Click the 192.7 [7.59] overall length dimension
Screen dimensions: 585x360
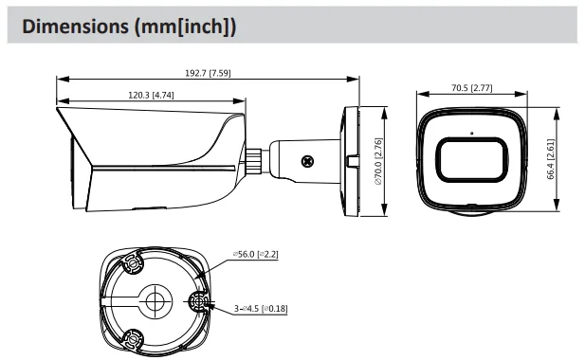(208, 73)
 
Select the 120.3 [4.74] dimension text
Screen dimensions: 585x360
(151, 95)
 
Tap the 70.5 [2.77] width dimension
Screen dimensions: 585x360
(472, 88)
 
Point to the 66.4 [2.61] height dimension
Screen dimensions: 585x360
(550, 159)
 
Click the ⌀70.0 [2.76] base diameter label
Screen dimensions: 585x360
(378, 161)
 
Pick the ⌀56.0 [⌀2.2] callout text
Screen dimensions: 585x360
(256, 254)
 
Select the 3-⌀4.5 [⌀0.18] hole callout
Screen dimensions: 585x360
(261, 309)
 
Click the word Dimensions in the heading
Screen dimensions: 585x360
(75, 27)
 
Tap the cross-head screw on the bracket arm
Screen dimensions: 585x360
(307, 161)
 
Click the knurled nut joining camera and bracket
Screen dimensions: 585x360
(254, 161)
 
